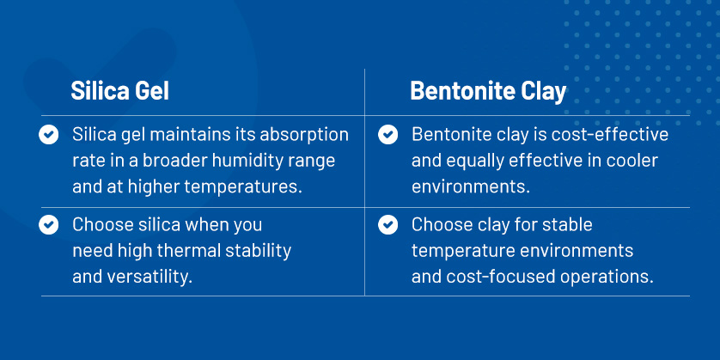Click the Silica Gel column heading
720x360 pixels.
(119, 91)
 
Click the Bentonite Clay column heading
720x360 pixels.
(488, 91)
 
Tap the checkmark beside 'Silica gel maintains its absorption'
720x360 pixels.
(49, 135)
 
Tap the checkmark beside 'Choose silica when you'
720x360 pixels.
(49, 225)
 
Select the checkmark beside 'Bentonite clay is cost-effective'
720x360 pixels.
(388, 135)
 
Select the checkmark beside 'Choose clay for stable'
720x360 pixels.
(388, 225)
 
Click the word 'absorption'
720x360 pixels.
(304, 136)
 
